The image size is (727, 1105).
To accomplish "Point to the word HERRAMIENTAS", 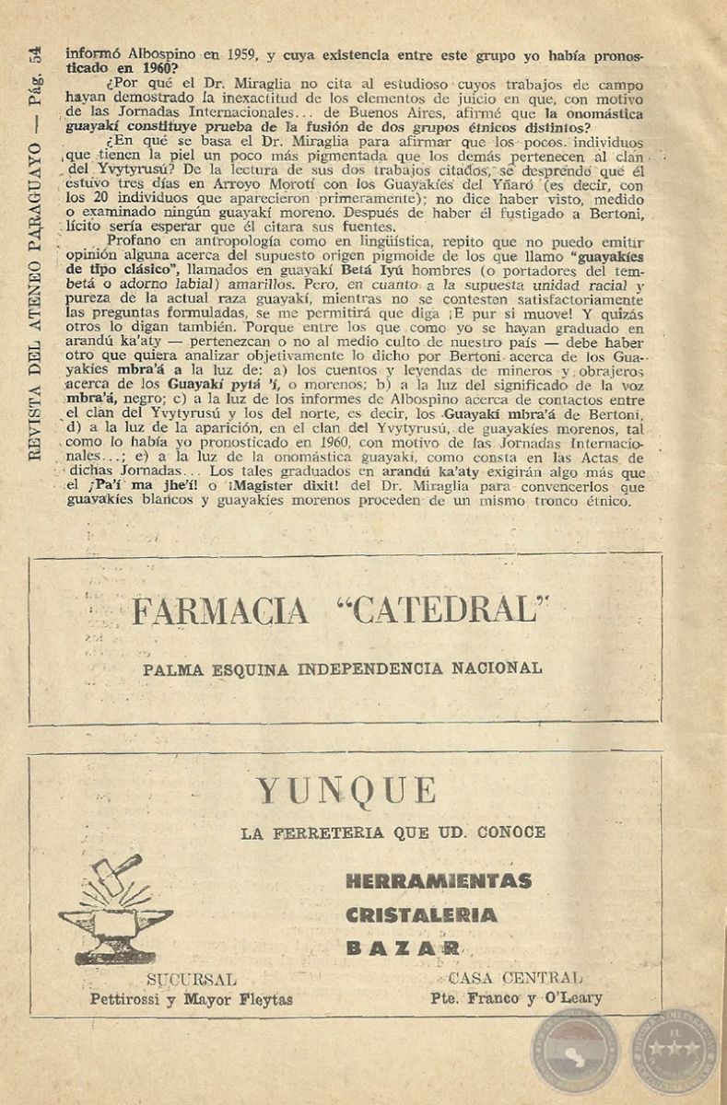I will (x=439, y=881).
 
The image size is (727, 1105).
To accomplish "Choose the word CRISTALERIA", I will (x=422, y=915).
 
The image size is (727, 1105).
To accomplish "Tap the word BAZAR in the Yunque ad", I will (x=404, y=948).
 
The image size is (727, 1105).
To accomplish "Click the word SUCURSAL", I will (x=191, y=979).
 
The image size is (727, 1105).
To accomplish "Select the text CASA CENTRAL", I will (x=515, y=978).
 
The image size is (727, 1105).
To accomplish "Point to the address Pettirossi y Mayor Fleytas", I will (x=191, y=998).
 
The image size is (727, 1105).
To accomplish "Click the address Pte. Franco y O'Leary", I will (x=516, y=997).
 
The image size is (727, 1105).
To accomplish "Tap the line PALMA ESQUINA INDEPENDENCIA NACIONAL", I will (x=343, y=669).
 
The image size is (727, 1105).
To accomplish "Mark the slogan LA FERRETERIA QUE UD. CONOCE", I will (x=393, y=833).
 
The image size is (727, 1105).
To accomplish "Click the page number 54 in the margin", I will (x=34, y=59).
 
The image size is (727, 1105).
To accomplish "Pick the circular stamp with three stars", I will (x=676, y=1048).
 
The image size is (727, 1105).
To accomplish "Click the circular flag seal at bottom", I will (x=579, y=1050).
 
